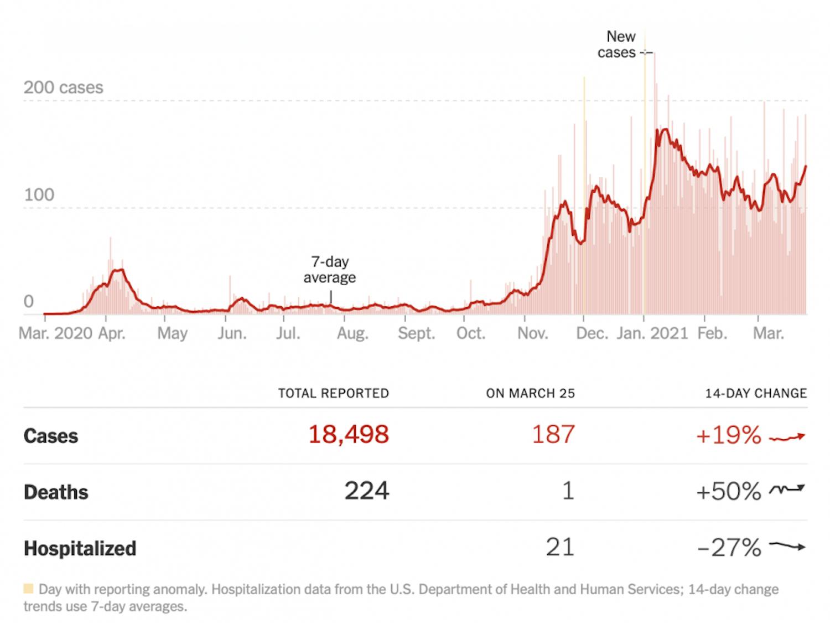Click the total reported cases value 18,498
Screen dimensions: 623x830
(348, 435)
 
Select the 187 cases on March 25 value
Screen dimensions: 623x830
(553, 435)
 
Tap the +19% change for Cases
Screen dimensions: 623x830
(728, 436)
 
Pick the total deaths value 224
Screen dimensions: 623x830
(367, 491)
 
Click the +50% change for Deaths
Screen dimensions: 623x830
(728, 492)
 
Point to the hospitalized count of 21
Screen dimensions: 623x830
(560, 547)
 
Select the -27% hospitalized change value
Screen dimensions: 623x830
(729, 548)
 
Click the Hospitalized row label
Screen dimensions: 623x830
(80, 548)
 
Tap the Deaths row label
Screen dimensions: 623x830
(56, 492)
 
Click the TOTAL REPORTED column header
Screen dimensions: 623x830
(333, 393)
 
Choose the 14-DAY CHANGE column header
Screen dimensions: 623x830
(755, 393)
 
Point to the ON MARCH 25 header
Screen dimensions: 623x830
(530, 393)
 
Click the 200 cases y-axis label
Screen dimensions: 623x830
(63, 87)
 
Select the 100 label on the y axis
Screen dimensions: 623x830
(39, 195)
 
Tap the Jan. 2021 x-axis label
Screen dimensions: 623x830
(652, 333)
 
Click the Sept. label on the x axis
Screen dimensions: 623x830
(416, 333)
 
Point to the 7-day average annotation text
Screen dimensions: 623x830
(329, 269)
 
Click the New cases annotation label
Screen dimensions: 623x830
(618, 44)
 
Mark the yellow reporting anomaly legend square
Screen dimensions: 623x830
(28, 588)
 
